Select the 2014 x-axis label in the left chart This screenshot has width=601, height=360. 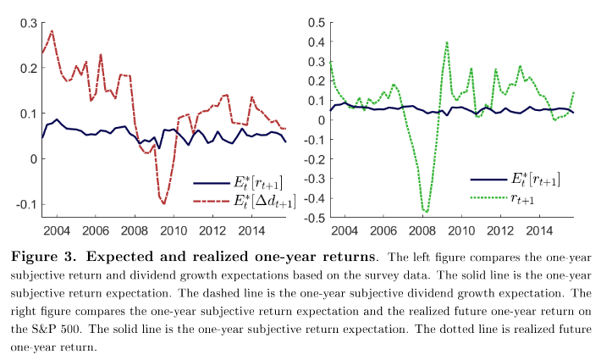coord(253,230)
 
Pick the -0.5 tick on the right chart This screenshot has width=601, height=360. coord(313,218)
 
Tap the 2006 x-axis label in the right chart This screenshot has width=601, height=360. coord(381,231)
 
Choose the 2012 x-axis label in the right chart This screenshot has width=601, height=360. coord(503,231)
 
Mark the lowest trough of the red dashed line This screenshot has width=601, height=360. coord(163,204)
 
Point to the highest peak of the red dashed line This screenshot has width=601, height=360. coord(52,31)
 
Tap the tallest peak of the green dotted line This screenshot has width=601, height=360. coord(446,42)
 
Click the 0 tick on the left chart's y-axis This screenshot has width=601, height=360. coord(32,159)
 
